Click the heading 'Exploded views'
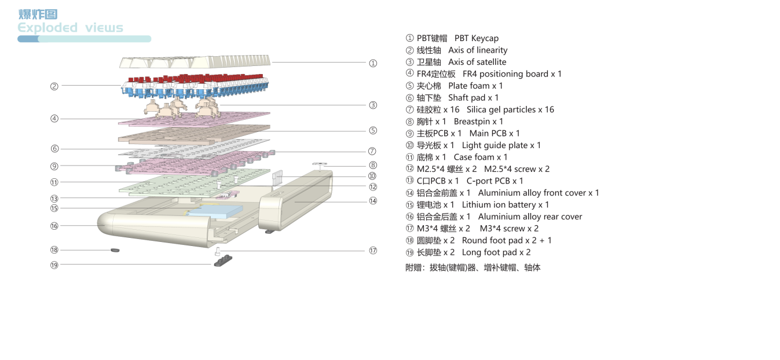pyautogui.click(x=70, y=28)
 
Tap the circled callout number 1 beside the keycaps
pyautogui.click(x=373, y=63)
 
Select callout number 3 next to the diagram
pyautogui.click(x=373, y=105)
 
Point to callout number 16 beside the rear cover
pyautogui.click(x=54, y=226)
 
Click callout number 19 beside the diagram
pyautogui.click(x=54, y=265)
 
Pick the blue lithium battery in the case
pyautogui.click(x=214, y=211)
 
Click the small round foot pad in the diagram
pyautogui.click(x=115, y=250)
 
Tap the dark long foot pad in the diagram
pyautogui.click(x=223, y=260)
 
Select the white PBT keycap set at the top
pyautogui.click(x=195, y=61)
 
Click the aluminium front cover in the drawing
pyautogui.click(x=295, y=200)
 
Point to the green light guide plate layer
pyautogui.click(x=195, y=182)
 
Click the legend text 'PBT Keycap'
pyautogui.click(x=477, y=38)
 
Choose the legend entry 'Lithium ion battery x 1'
pyautogui.click(x=506, y=205)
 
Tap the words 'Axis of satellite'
pyautogui.click(x=477, y=62)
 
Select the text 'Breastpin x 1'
pyautogui.click(x=478, y=122)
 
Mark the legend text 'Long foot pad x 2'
pyautogui.click(x=496, y=252)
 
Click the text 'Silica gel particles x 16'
pyautogui.click(x=510, y=109)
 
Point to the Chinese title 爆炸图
pyautogui.click(x=38, y=14)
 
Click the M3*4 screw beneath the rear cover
pyautogui.click(x=218, y=251)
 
